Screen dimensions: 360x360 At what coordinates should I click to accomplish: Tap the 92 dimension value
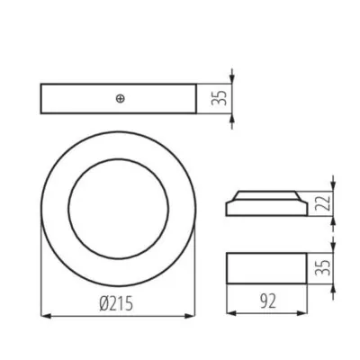268,302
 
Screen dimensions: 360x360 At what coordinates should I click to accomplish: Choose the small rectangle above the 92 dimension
267,268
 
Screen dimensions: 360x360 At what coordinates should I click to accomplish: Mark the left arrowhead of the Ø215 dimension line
47,316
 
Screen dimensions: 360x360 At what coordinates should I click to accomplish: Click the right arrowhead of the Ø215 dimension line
193,316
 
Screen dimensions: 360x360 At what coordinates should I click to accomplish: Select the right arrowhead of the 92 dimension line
305,314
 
